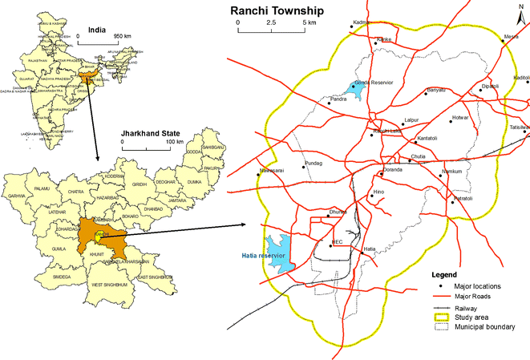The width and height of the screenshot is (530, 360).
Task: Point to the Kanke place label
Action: click(385, 38)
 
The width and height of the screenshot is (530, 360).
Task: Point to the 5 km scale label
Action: click(308, 23)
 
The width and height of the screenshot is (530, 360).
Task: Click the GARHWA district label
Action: click(17, 195)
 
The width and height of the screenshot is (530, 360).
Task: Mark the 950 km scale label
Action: click(122, 36)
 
